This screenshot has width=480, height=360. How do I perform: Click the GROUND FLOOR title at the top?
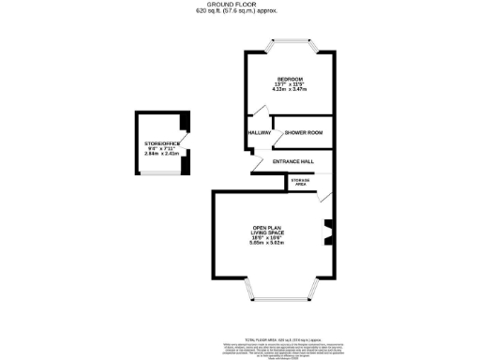[x=239, y=5]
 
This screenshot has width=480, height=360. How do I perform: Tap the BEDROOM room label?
[x=290, y=77]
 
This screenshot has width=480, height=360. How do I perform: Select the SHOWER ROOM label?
[x=304, y=133]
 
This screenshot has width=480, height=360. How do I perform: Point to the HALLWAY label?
[x=259, y=133]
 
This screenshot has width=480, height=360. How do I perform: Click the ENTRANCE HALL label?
[x=292, y=162]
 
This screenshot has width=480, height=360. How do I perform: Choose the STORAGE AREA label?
[x=300, y=182]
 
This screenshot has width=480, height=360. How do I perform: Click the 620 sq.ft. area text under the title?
[x=240, y=13]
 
